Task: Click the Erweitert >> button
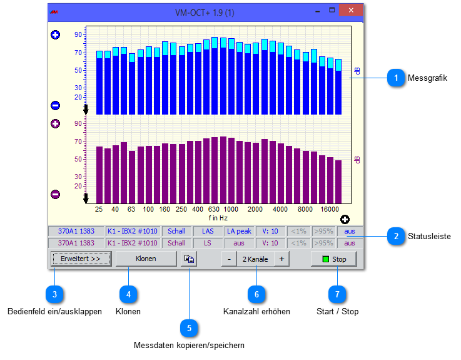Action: tap(81, 259)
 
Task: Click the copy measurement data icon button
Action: tap(188, 259)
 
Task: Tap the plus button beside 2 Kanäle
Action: tap(281, 259)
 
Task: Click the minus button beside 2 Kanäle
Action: tap(229, 259)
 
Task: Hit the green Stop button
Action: tap(337, 259)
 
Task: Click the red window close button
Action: tap(353, 11)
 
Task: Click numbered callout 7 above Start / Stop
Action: tap(338, 292)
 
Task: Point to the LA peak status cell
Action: tap(239, 231)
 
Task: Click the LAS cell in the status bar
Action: tap(208, 231)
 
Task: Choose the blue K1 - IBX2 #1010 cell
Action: tap(132, 231)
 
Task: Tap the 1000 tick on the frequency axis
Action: tap(231, 209)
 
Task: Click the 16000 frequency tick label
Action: tap(330, 209)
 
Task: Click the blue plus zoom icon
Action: tap(55, 35)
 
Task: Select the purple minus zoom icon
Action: tap(55, 194)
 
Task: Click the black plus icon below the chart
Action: tap(345, 219)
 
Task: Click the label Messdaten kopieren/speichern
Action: tap(189, 345)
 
